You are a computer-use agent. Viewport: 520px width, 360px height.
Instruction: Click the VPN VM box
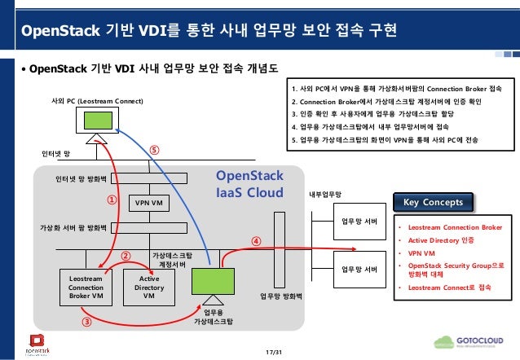[x=148, y=201]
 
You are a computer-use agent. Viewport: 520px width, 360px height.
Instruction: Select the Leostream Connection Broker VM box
[x=86, y=287]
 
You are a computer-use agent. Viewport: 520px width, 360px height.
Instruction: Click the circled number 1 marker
[x=112, y=198]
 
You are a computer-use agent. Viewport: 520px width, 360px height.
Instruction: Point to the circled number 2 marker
[x=126, y=255]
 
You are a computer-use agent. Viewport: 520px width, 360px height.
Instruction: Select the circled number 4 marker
[x=255, y=241]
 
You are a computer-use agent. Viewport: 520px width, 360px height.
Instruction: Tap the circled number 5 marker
[x=154, y=150]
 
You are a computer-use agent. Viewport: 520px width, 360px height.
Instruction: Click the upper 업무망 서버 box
[x=359, y=222]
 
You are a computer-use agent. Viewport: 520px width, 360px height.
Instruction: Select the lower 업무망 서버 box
[x=359, y=269]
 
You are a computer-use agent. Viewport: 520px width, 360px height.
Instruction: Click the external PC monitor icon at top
[x=96, y=121]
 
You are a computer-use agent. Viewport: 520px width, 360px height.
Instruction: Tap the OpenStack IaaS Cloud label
[x=249, y=185]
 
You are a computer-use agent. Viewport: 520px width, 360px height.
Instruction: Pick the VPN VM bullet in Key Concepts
[x=421, y=252]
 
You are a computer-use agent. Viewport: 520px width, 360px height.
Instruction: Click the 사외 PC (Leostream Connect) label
[x=96, y=100]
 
